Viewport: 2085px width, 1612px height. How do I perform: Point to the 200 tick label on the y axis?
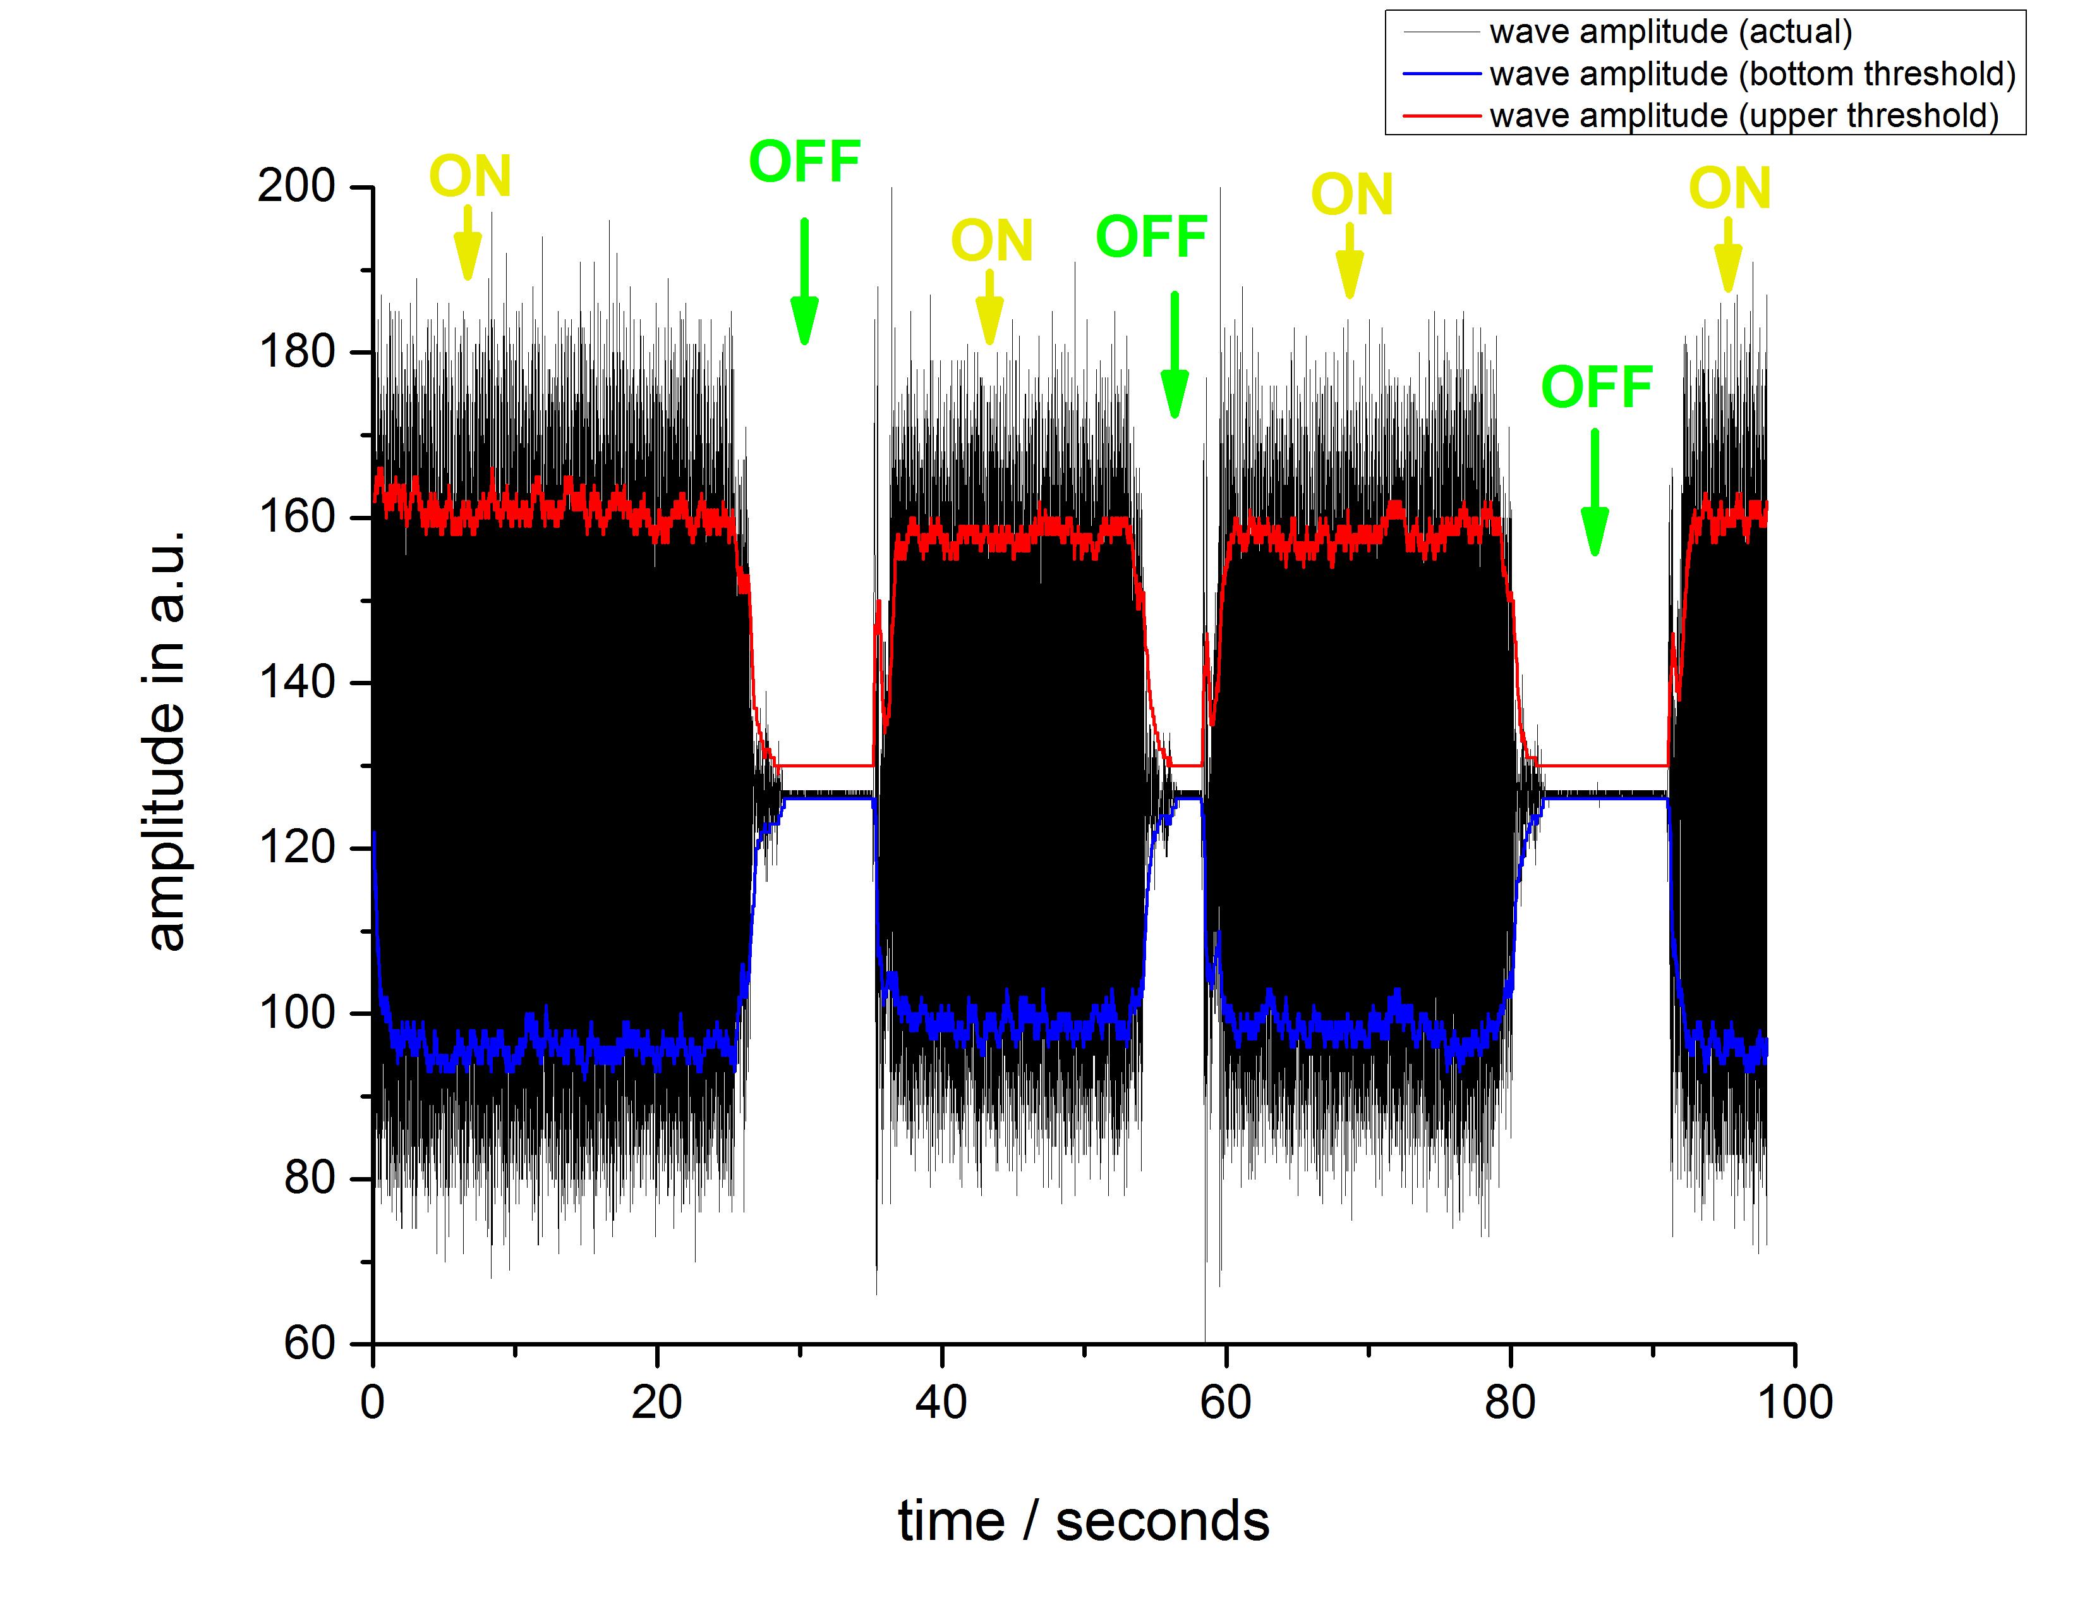coord(296,186)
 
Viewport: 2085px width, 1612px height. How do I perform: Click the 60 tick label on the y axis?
coord(310,1344)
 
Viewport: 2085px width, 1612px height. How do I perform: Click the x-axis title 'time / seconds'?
coord(1084,1521)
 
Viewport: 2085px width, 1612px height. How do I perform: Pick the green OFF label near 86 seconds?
coord(1596,387)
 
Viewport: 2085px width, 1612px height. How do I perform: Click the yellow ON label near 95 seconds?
coord(1729,188)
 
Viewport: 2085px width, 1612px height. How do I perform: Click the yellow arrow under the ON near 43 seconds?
coord(990,307)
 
